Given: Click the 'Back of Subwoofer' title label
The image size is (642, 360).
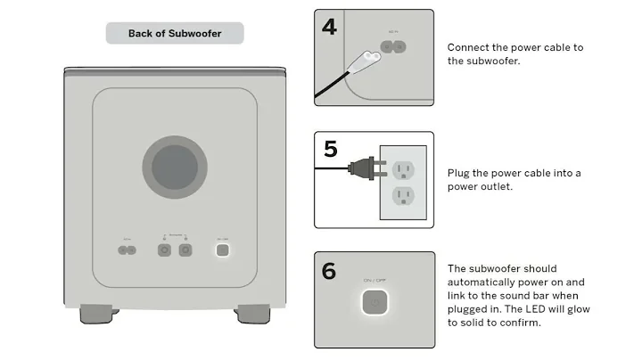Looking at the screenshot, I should coord(175,33).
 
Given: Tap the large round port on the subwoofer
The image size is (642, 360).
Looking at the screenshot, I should coord(175,167).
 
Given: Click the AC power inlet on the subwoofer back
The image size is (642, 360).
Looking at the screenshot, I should coord(128,250).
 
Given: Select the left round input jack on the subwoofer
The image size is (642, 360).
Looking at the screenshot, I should coord(164,250).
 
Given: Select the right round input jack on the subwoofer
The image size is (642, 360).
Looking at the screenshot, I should coord(185,250).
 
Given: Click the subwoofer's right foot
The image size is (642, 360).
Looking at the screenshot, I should coord(251,314).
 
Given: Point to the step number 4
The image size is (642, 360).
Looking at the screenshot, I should coord(329,27).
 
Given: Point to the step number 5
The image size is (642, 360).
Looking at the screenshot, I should coord(330,148).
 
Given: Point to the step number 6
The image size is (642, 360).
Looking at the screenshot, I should coord(329,270).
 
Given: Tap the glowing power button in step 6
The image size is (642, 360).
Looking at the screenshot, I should coord(374,302).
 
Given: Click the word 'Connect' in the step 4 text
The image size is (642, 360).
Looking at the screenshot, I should coord(467,47).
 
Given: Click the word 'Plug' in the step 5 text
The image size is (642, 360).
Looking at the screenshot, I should coord(459,172).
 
